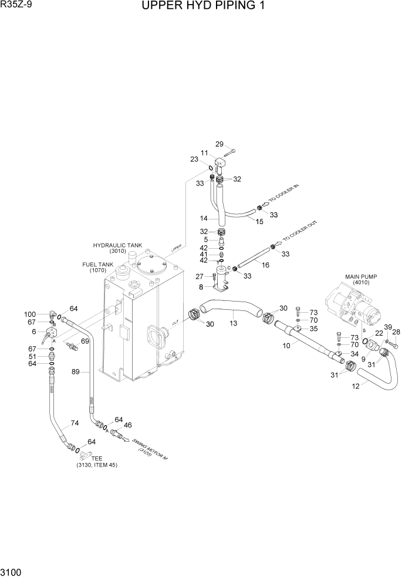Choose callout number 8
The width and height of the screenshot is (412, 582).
(x=201, y=287)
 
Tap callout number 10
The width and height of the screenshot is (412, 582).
(x=286, y=346)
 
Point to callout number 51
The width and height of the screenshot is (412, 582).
(x=33, y=356)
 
